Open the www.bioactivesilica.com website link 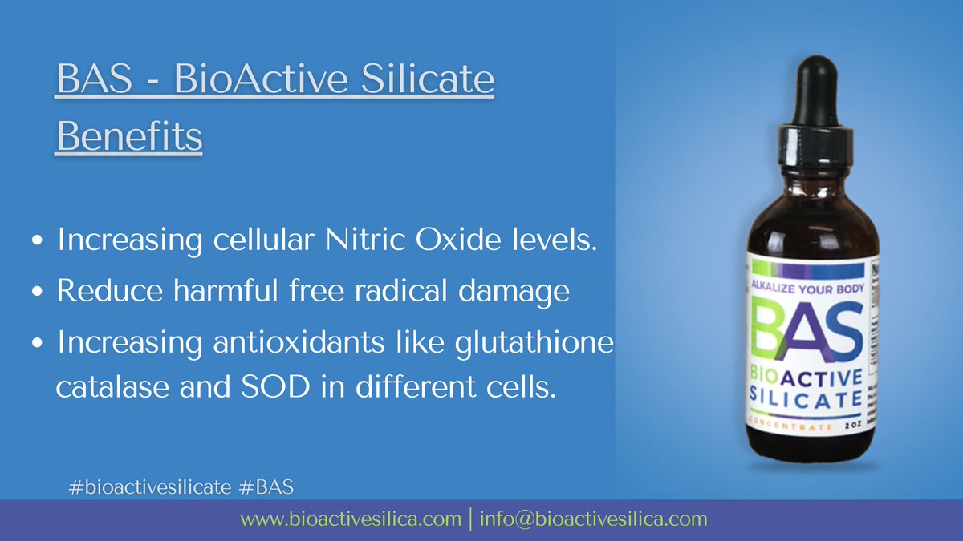(351, 519)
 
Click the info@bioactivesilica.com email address (594, 519)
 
